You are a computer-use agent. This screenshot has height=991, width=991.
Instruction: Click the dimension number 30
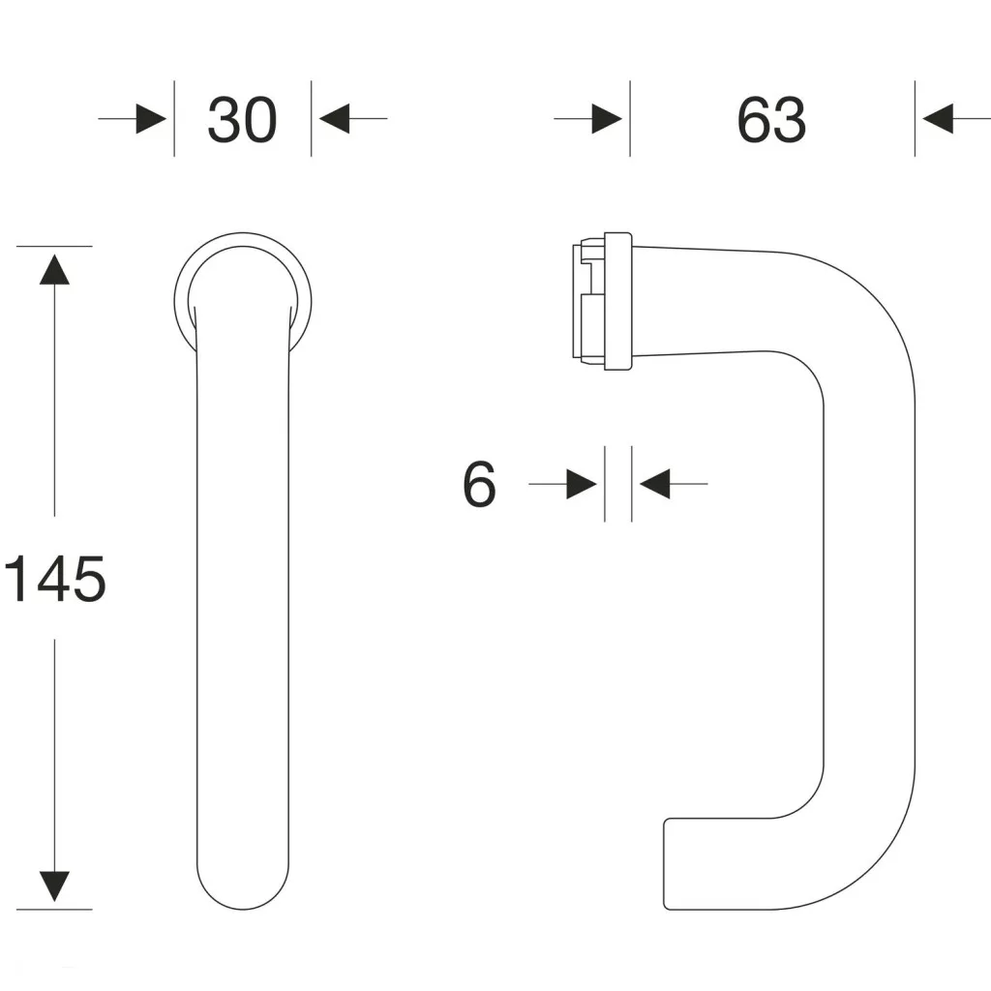point(242,121)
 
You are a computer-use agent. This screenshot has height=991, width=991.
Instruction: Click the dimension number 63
point(771,121)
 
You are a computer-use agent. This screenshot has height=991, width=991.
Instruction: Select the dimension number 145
point(55,580)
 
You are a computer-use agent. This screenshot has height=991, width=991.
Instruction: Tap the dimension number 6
point(479,484)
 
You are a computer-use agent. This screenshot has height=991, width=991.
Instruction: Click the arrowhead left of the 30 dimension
point(151,119)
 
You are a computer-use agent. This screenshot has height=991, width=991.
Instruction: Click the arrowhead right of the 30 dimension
point(334,119)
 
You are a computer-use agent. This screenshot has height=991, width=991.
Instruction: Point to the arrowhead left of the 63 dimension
point(607,119)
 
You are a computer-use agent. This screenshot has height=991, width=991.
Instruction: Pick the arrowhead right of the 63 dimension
point(938,119)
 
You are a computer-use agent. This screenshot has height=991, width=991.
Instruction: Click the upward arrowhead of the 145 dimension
point(55,269)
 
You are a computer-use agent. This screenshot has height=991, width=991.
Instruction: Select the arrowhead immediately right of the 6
point(581,484)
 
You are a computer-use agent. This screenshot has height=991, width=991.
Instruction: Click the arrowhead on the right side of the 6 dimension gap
point(655,484)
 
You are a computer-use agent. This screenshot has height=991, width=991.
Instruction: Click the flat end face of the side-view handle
point(665,864)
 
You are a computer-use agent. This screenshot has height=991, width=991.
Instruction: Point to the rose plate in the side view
point(618,301)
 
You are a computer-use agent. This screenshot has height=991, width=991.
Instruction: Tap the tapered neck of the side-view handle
point(697,302)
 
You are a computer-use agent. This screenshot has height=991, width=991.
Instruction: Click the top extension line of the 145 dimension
point(55,246)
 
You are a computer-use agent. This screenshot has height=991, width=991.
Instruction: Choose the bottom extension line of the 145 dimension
point(55,909)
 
